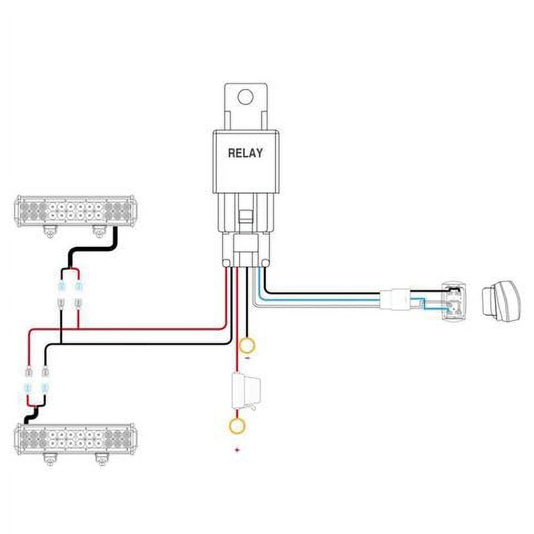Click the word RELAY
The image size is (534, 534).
pos(245,154)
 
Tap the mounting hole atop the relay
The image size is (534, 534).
pos(245,97)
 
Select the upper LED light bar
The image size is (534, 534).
pos(77,212)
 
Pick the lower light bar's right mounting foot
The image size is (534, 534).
pos(101,459)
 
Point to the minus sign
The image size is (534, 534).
pos(247,359)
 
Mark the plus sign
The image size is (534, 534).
pos(238,449)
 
